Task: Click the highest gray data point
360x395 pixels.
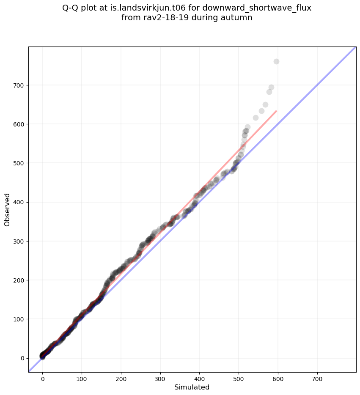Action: (276, 61)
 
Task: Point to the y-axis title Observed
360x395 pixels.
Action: (7, 209)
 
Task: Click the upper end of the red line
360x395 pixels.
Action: (276, 111)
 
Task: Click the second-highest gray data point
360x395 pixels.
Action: (271, 87)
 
